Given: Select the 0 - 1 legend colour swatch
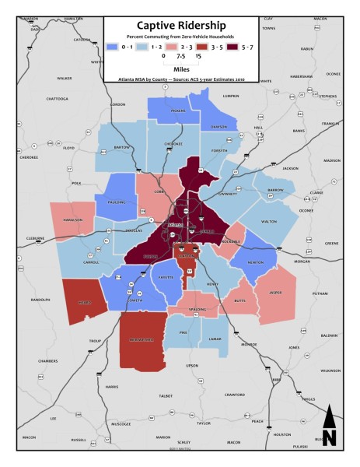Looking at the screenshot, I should pos(113,47).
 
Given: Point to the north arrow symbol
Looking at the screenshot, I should pos(329,426).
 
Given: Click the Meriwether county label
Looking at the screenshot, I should pos(144,340).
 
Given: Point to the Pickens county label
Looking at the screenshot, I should pos(177,111).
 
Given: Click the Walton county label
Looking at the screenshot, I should pos(269,222).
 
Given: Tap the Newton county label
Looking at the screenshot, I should pos(255,262).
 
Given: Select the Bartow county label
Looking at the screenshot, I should pos(122,146).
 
